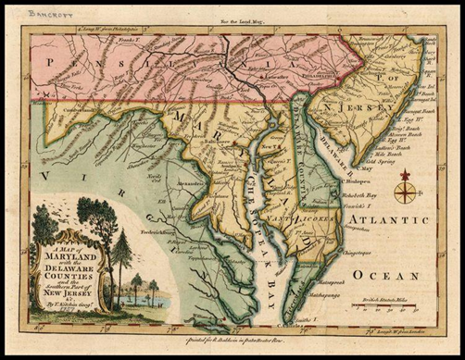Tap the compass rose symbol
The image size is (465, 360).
click(x=406, y=191)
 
